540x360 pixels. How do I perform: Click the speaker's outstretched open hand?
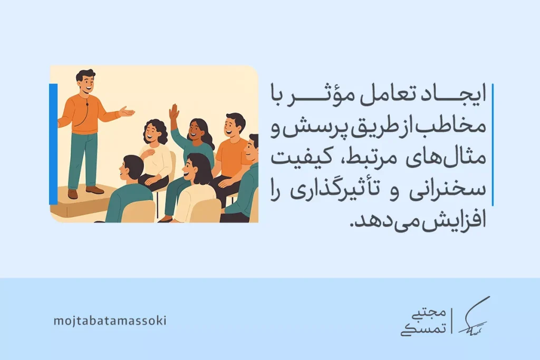coord(127,111)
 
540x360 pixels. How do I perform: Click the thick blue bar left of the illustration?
coord(53,143)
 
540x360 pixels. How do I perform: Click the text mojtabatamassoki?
coord(110,320)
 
